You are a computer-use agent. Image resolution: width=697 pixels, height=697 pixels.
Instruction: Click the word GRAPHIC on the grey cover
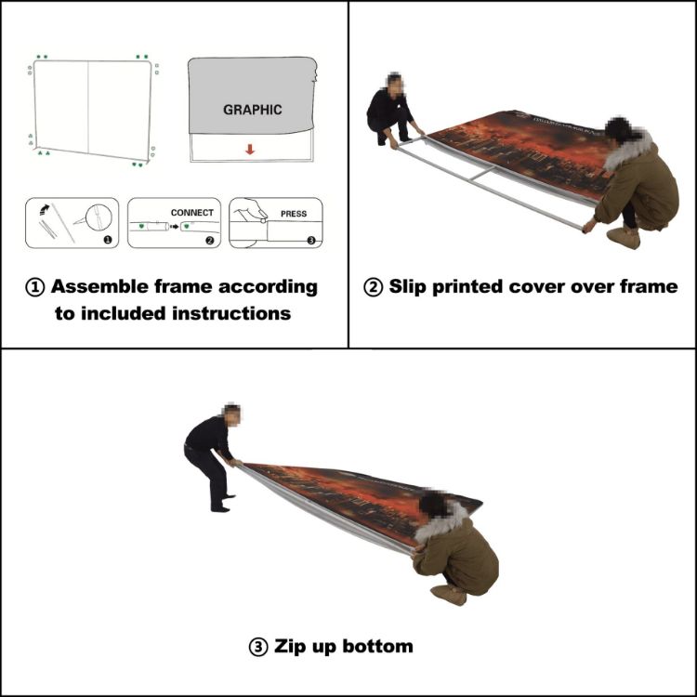[x=252, y=110]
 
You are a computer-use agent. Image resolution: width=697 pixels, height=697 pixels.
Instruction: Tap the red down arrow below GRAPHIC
[x=249, y=148]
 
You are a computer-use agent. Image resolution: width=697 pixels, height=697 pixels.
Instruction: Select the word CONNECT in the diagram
[x=191, y=213]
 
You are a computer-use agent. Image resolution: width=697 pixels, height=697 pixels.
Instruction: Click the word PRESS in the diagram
[x=293, y=214]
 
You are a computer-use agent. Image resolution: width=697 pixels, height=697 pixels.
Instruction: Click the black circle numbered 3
[x=310, y=240]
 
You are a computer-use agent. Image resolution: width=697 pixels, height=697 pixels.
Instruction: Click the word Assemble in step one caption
[x=97, y=286]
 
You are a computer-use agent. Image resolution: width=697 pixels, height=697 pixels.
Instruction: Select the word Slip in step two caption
[x=408, y=286]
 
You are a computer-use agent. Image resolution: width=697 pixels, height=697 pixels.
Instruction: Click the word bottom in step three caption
[x=380, y=646]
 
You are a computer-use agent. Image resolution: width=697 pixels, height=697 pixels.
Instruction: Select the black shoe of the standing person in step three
[x=220, y=507]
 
